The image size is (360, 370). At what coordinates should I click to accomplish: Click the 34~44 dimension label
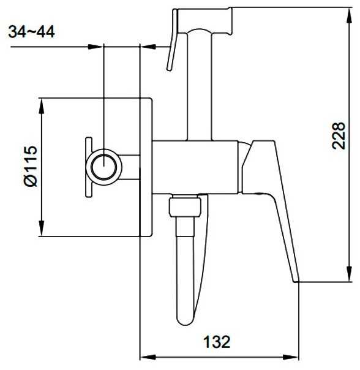pos(31,32)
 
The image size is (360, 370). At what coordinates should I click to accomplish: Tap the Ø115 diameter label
pos(31,167)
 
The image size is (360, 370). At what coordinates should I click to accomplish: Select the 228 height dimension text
pos(339,135)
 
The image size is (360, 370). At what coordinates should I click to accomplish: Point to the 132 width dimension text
pos(217,342)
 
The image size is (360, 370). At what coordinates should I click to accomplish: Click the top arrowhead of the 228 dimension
pos(349,15)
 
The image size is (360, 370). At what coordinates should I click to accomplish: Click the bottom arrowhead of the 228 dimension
pos(349,273)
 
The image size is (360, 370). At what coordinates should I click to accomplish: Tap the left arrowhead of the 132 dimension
pos(148,357)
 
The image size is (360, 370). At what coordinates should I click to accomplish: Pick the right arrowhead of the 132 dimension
pos(291,357)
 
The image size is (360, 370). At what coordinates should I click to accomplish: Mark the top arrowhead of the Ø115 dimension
pos(42,106)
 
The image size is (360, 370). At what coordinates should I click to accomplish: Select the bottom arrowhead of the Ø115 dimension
pos(42,228)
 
